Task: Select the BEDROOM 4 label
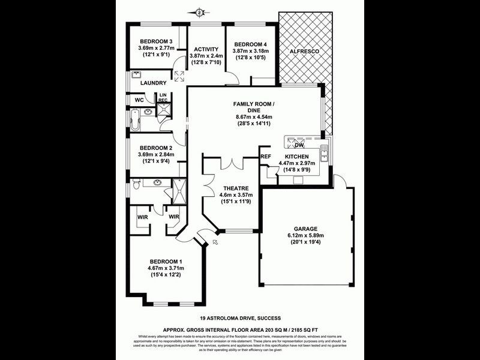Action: (x=250, y=44)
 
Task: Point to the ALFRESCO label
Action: (x=304, y=52)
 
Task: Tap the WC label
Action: (x=139, y=100)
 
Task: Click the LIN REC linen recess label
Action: (x=163, y=97)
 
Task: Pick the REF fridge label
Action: (x=266, y=157)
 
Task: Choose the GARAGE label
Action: (x=305, y=229)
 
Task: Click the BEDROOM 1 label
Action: (x=165, y=262)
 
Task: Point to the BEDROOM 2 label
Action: (x=156, y=148)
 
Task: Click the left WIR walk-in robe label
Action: (x=143, y=217)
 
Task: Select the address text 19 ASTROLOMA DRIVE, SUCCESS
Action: (x=240, y=318)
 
